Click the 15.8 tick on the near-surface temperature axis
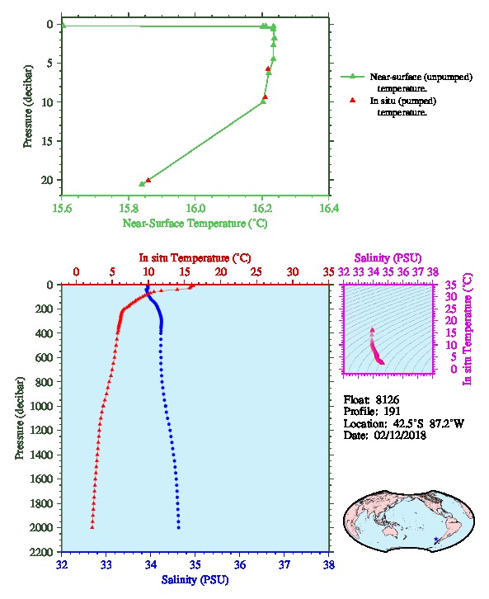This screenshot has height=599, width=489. [x=129, y=208]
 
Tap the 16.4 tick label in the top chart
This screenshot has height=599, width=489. [x=329, y=208]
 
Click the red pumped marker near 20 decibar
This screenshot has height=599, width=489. [x=148, y=180]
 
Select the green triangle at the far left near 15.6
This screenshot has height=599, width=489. [x=63, y=26]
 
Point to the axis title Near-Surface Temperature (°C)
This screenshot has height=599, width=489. [x=195, y=223]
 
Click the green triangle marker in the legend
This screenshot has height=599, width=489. [x=353, y=77]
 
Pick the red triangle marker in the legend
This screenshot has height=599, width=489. [x=353, y=100]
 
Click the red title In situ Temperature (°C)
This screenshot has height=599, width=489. [x=195, y=258]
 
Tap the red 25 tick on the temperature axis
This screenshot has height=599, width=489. [x=256, y=272]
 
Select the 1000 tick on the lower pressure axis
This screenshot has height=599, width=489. [x=41, y=406]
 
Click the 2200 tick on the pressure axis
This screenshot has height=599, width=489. [x=41, y=552]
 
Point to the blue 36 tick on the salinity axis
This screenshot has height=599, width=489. [x=240, y=564]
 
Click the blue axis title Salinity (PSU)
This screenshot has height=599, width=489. [x=195, y=580]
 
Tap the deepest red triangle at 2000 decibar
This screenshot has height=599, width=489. [x=92, y=527]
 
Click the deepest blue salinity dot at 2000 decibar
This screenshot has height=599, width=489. [x=179, y=528]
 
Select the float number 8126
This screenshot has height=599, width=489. [x=387, y=399]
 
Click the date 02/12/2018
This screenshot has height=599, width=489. [x=400, y=435]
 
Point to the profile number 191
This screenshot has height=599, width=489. [x=392, y=412]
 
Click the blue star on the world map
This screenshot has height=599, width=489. [x=436, y=539]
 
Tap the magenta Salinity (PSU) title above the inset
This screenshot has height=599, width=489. [x=388, y=258]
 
